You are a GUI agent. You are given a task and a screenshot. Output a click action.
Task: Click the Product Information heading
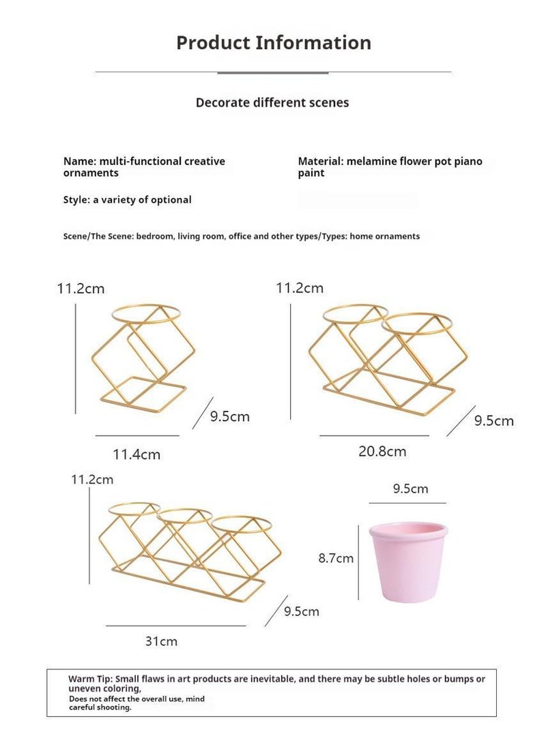click(273, 42)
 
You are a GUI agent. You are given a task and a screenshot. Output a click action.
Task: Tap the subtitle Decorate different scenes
click(272, 102)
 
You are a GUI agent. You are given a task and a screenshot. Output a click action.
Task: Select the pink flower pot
click(407, 561)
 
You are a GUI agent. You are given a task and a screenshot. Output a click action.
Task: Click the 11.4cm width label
click(136, 454)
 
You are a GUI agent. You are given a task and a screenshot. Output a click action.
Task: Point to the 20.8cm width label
click(382, 451)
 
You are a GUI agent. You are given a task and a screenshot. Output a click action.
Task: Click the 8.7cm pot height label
click(336, 558)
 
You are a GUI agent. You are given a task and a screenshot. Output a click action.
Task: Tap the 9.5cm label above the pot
click(410, 488)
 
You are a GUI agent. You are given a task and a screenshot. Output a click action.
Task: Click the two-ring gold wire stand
click(386, 362)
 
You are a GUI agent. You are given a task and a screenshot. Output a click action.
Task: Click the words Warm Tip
click(89, 679)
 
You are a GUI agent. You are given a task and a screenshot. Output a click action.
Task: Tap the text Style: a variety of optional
click(127, 200)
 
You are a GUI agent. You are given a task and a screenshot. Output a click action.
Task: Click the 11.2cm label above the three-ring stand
click(92, 480)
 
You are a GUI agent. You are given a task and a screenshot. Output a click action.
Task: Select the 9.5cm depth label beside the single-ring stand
click(230, 416)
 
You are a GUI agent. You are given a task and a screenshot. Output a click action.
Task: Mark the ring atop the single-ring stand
click(146, 313)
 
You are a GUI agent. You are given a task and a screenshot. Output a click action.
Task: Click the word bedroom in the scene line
click(156, 236)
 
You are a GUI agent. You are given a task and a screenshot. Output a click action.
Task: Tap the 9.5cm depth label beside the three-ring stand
click(302, 611)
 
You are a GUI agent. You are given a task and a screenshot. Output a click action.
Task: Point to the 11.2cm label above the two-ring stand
click(300, 288)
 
